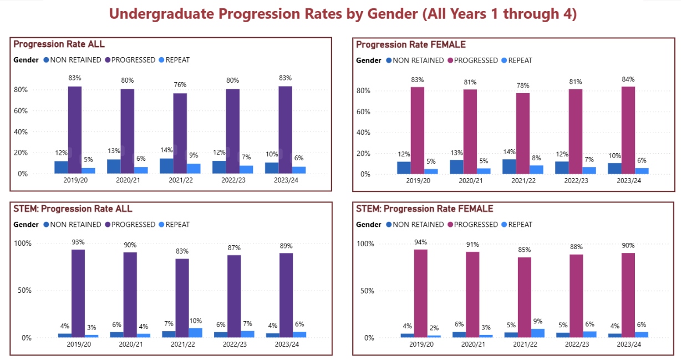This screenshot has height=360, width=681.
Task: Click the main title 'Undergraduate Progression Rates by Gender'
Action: tap(342, 14)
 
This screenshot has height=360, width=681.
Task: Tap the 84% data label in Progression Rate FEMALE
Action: tap(628, 79)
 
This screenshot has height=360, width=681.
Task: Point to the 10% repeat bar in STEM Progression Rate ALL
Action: tap(195, 332)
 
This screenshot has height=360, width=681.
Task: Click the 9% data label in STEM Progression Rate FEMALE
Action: tap(538, 321)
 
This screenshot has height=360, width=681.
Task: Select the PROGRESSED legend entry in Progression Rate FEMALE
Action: tap(475, 60)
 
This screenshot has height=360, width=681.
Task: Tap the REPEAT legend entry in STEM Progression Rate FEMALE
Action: tap(520, 225)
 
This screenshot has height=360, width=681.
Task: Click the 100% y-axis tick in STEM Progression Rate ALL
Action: tap(23, 244)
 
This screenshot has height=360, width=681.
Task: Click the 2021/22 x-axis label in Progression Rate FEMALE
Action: tap(523, 181)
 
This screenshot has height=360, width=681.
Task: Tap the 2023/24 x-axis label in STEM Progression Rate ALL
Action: tap(286, 344)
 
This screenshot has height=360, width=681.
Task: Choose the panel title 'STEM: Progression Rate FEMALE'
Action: tap(424, 209)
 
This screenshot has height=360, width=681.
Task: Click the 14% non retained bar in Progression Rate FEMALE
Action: tap(509, 166)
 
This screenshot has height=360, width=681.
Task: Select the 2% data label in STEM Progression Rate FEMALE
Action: tap(434, 327)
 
